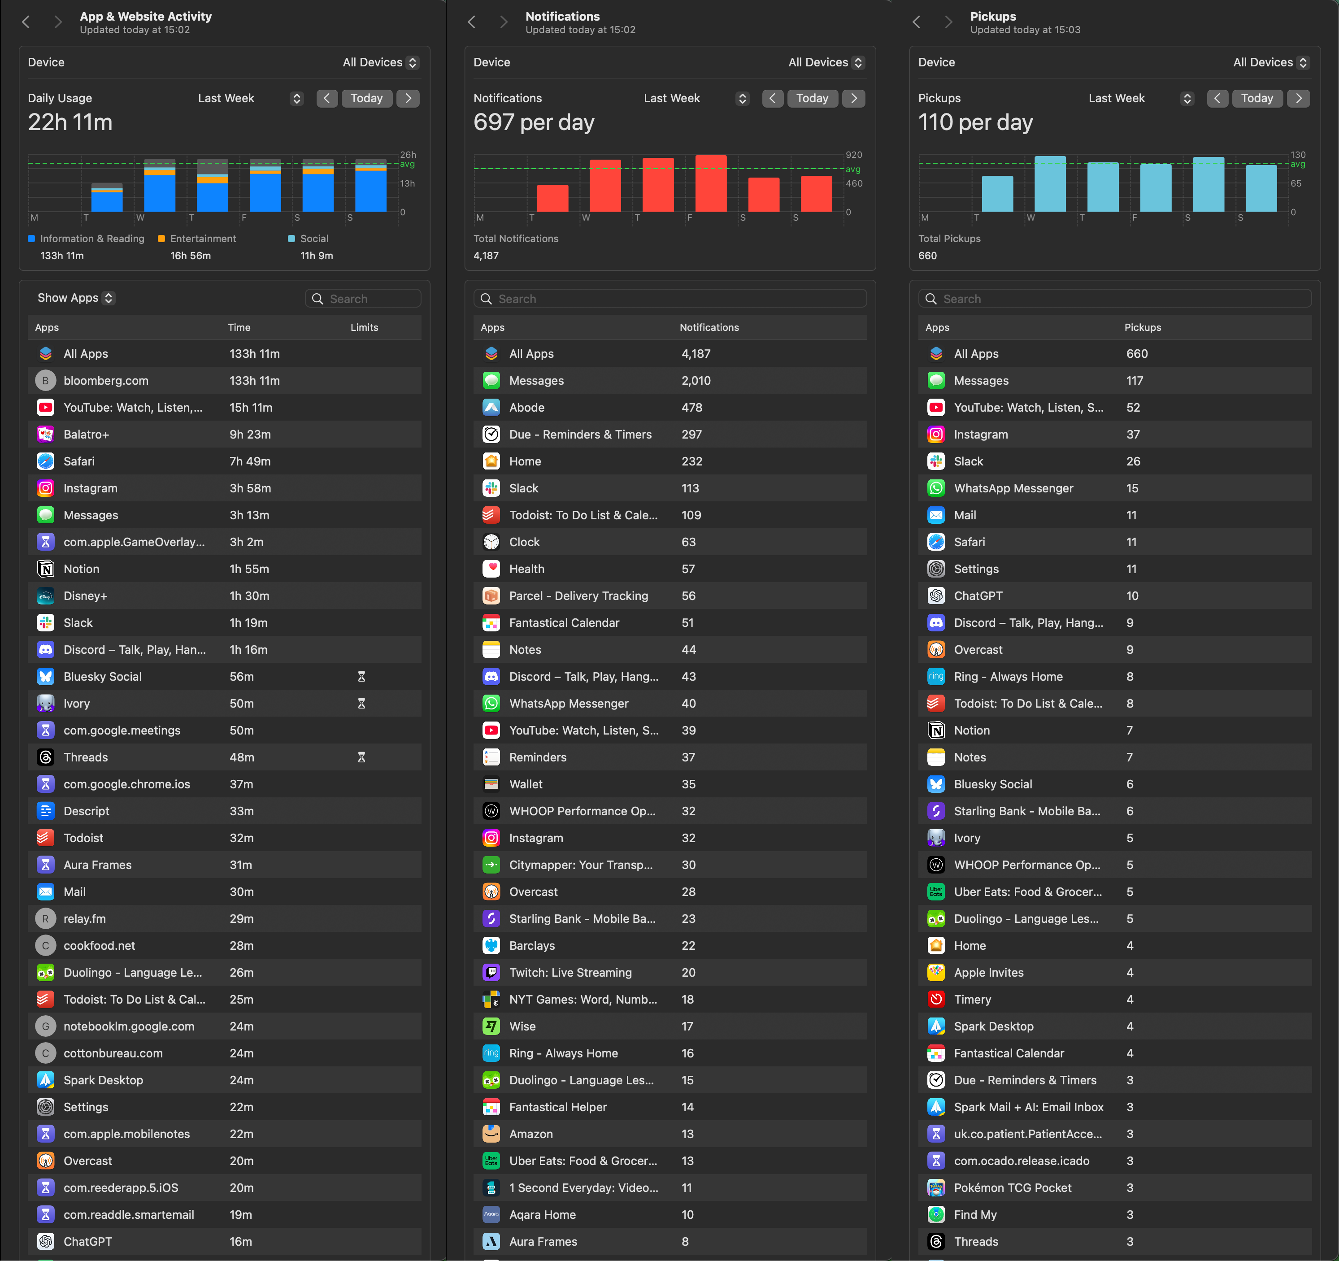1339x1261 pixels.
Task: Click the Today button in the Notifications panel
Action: click(x=812, y=98)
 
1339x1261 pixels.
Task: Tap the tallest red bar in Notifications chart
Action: click(x=711, y=183)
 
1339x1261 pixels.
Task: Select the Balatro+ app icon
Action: click(x=46, y=435)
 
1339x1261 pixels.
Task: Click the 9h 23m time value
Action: click(x=250, y=435)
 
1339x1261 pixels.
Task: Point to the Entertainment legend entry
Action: click(x=203, y=239)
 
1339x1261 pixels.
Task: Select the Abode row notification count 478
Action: click(x=692, y=408)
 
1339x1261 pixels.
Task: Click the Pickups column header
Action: click(x=1142, y=327)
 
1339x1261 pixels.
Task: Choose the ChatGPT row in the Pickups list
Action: click(x=978, y=596)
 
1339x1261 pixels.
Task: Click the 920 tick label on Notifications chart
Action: click(x=853, y=155)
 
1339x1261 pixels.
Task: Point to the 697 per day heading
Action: click(x=534, y=122)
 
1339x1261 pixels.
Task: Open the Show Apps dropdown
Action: click(x=75, y=298)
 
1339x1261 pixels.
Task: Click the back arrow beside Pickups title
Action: click(x=916, y=22)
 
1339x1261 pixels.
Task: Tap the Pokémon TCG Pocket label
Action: click(x=1013, y=1187)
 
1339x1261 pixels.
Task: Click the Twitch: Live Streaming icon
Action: click(x=491, y=972)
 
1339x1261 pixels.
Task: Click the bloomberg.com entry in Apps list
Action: click(x=106, y=381)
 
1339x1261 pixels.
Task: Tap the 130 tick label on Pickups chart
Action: click(x=1297, y=155)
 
